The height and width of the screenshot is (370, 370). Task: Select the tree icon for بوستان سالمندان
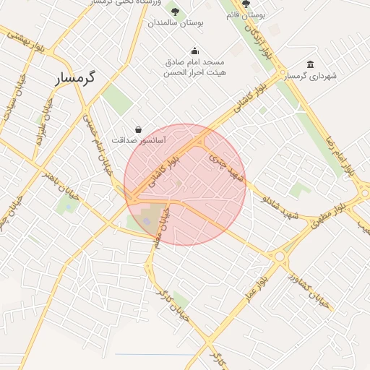175,11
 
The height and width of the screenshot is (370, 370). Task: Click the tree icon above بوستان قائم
246,4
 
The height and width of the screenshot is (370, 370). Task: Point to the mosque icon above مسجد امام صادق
194,51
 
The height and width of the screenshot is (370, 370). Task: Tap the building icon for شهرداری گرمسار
310,64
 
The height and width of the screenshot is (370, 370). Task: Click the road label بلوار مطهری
332,217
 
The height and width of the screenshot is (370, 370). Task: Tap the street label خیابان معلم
167,225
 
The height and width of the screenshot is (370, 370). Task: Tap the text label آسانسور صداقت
139,139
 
